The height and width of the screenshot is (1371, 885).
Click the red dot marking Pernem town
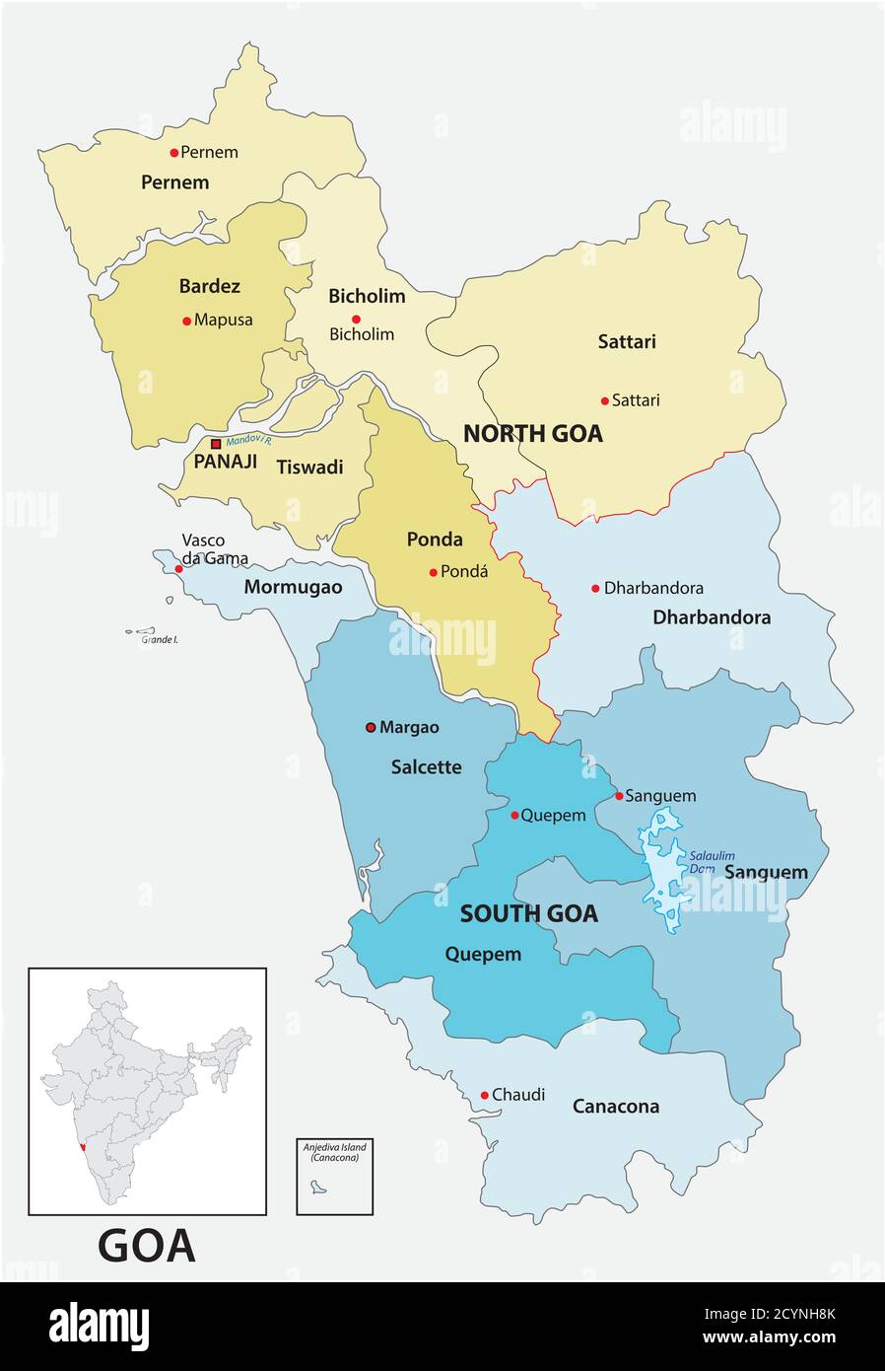coord(174,152)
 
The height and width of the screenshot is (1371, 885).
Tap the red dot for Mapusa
coord(187,321)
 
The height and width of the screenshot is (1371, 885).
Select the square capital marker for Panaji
coord(216,445)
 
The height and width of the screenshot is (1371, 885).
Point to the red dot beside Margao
coord(371,728)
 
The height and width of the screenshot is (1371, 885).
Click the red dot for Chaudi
coord(484,1095)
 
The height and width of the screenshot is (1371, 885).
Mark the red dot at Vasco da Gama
coord(178,569)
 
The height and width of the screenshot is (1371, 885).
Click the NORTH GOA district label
coord(532,434)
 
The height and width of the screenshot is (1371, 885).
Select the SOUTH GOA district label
coord(528,914)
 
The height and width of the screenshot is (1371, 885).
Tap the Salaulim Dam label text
coord(712,861)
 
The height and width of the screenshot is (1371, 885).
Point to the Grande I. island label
coord(159,640)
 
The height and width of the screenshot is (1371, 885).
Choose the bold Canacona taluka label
coord(616,1107)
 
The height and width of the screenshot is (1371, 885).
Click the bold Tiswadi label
coord(309,468)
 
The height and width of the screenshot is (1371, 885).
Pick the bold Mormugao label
coord(293,588)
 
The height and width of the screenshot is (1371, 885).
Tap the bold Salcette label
coord(426,767)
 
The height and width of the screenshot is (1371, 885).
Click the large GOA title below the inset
coord(147,1247)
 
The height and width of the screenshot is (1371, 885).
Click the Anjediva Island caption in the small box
coord(334,1152)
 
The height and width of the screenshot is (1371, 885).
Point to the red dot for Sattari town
coord(605,400)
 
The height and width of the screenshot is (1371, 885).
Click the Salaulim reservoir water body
coord(662,868)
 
